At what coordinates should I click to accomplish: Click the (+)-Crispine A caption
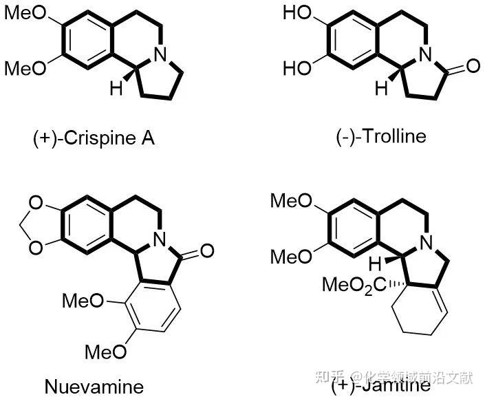click(x=94, y=138)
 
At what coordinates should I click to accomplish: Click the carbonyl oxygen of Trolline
click(x=471, y=67)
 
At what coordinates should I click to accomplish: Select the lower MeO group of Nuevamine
click(x=105, y=352)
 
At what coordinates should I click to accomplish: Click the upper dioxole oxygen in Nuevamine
click(x=34, y=203)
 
